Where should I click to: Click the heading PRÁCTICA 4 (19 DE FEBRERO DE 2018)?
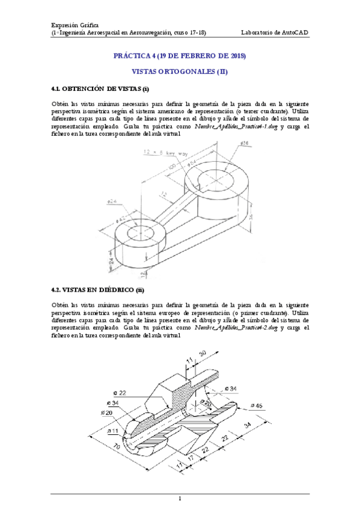(180, 56)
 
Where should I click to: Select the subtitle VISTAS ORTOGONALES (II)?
(180, 72)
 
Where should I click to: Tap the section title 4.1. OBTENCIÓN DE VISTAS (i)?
(100, 88)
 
